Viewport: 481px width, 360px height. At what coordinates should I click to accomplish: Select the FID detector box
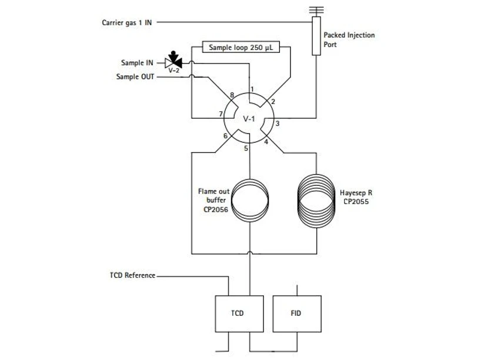point(296,314)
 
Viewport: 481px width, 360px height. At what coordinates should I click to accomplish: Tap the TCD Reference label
point(132,275)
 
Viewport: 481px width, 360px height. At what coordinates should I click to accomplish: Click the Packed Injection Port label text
point(349,39)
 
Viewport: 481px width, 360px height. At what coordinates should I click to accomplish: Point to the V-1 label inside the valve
point(249,119)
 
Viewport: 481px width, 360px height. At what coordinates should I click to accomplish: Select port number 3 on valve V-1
point(277,124)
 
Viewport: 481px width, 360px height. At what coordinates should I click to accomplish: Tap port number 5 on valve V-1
point(246,148)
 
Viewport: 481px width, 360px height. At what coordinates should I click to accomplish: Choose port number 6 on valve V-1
point(225,136)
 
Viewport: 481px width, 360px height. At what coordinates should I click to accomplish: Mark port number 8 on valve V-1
point(232,95)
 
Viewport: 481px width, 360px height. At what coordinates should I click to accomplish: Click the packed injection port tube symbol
point(316,36)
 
